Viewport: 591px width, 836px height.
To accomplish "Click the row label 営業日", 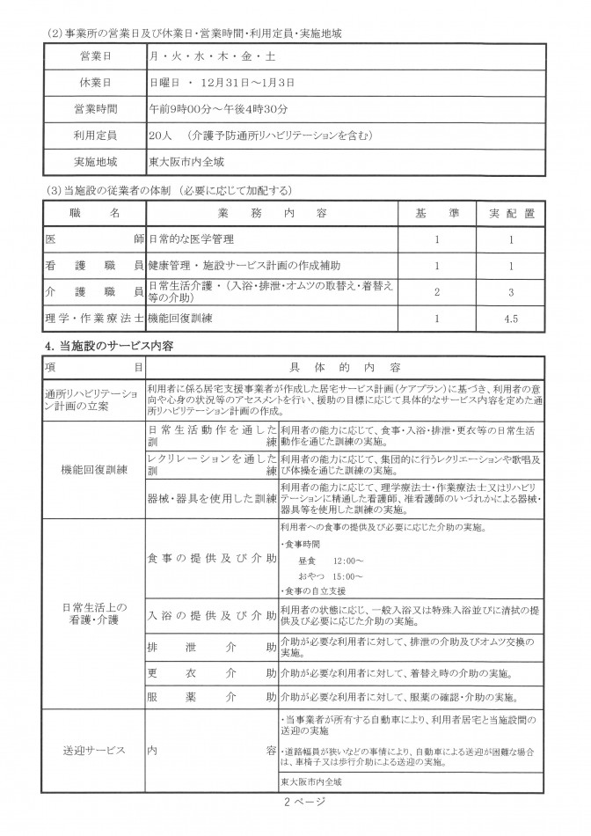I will tap(94, 55).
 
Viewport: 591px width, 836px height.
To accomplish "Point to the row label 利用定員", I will tap(94, 136).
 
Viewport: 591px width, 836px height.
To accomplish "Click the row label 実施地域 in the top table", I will tap(94, 163).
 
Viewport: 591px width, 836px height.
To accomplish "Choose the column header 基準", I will tap(436, 214).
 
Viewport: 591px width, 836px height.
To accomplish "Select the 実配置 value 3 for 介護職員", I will tap(510, 290).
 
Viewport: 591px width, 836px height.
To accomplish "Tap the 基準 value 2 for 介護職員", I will tap(436, 290).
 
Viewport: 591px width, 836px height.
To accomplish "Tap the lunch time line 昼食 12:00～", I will tap(331, 561).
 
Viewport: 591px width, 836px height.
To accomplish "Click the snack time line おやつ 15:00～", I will tap(331, 576).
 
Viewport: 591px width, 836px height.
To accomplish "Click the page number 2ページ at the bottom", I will tap(304, 801).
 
